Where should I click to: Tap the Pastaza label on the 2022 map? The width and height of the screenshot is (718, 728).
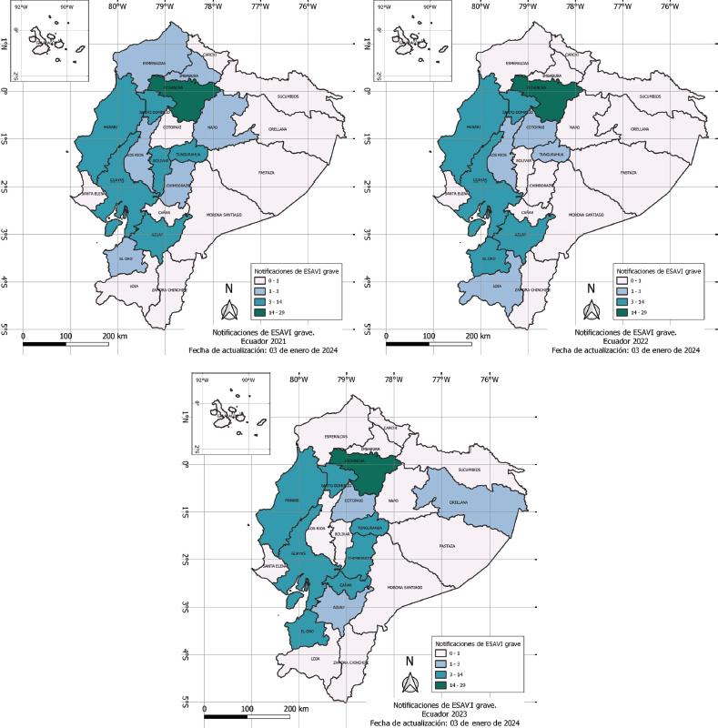tap(628, 171)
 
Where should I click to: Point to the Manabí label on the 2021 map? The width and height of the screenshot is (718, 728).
tap(110, 126)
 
